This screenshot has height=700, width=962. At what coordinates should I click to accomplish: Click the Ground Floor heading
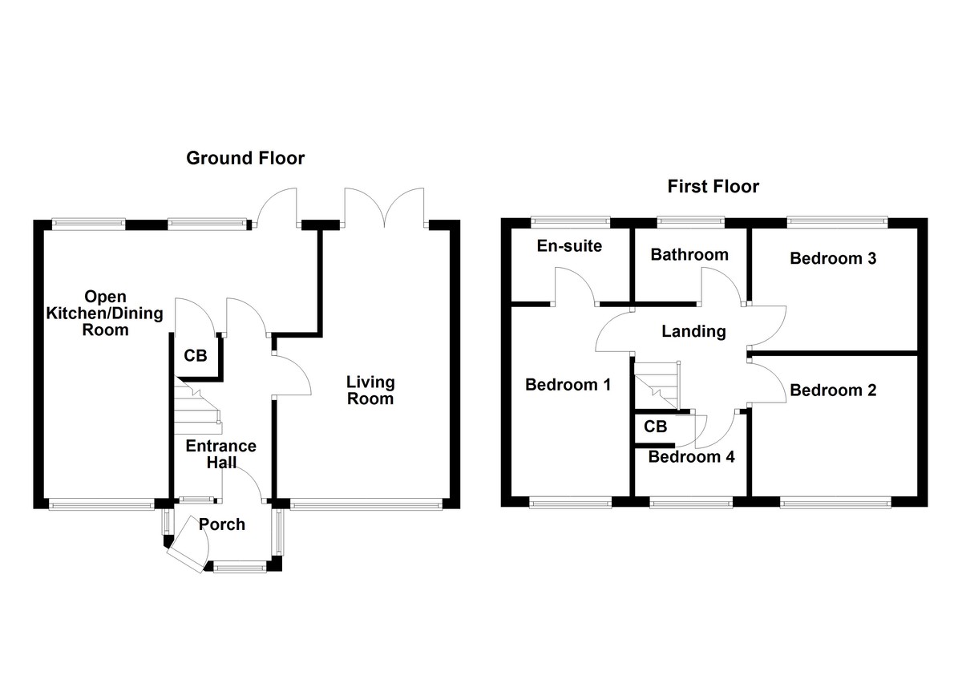point(245,158)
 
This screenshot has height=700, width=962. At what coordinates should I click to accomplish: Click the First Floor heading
point(713,187)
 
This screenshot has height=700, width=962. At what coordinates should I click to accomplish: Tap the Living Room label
point(370,390)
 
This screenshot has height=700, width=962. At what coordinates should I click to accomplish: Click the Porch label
point(222,525)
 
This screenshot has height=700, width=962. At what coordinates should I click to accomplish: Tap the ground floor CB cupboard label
point(195,355)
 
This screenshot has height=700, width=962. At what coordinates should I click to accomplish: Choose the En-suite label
point(568,245)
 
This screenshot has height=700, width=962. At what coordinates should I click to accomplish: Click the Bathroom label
point(689,255)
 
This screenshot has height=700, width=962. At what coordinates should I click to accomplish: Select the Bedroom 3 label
point(832,258)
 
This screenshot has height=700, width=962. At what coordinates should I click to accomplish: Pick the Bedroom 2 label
point(832,390)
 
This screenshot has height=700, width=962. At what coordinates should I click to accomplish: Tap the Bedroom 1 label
point(568,385)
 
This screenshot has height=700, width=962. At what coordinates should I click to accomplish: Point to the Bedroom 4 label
point(691,457)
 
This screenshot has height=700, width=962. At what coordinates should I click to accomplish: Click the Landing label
point(693,331)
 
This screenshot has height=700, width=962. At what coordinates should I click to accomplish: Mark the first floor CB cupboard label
point(655,427)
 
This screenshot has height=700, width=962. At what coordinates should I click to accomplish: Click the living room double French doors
point(384,207)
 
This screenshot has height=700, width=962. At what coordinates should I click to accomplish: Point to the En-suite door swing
point(574,286)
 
